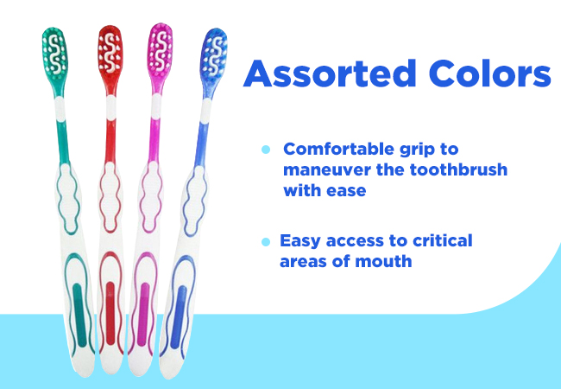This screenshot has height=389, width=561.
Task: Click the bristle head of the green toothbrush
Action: coord(54,54)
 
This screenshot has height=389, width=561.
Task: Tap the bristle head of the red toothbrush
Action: coord(110,53)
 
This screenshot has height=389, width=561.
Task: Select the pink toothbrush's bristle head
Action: coord(161,51)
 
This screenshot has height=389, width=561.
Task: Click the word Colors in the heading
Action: coord(490,73)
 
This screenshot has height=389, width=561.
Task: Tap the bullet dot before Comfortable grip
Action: coord(266,150)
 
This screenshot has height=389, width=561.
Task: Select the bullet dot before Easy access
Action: coord(266,242)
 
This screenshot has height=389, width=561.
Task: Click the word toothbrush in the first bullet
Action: coord(458,169)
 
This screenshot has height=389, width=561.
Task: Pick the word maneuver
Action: coord(325,170)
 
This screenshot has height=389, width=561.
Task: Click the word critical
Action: coord(442,240)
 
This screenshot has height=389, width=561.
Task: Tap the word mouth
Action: coord(383,261)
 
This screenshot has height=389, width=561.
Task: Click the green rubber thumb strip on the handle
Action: coord(79,316)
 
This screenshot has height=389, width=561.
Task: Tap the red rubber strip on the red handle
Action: coord(110,314)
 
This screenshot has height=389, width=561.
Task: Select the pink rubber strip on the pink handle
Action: coord(143,315)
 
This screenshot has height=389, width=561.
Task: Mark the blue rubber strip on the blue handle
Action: coord(178,317)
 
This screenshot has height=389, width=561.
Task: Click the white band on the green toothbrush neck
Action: coord(60,109)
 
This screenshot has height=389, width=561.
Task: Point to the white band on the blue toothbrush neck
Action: coord(205,111)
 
